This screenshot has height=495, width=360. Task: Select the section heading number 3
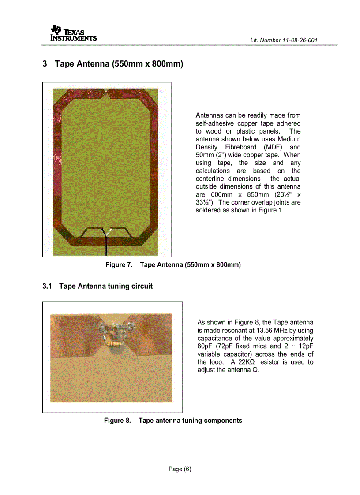click(x=45, y=64)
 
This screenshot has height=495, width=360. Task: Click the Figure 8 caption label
click(x=117, y=421)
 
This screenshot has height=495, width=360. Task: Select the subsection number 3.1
click(x=47, y=287)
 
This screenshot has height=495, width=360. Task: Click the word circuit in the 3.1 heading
click(x=140, y=287)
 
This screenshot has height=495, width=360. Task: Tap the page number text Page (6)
click(x=180, y=469)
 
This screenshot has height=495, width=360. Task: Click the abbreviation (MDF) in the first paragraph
click(x=276, y=147)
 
